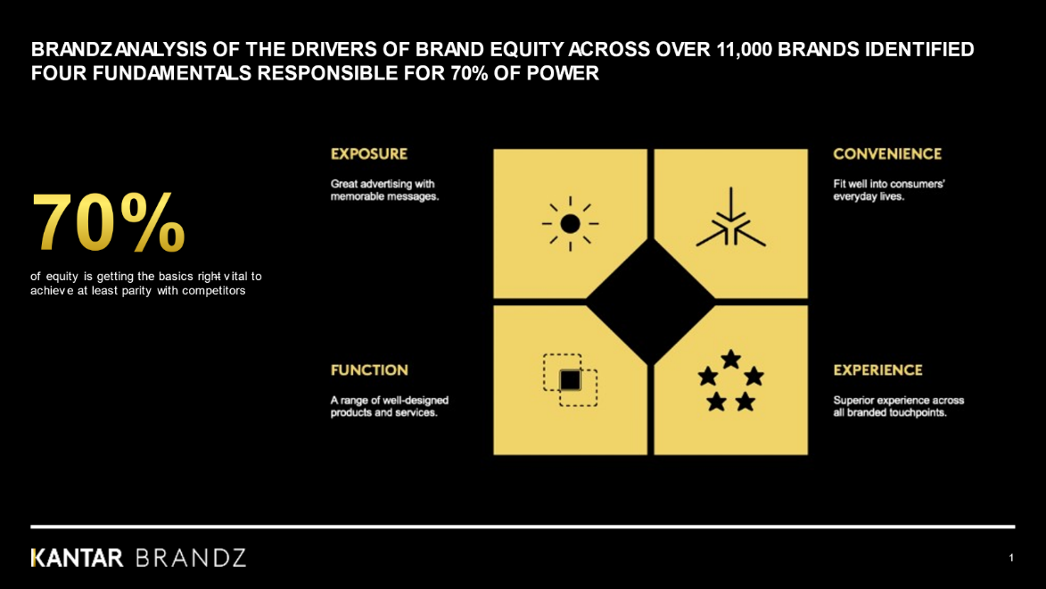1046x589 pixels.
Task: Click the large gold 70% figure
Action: [108, 222]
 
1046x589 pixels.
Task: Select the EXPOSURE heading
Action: [369, 154]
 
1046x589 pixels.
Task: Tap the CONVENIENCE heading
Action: [887, 154]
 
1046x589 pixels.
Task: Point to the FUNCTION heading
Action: [369, 370]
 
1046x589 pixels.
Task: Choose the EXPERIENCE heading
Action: [877, 370]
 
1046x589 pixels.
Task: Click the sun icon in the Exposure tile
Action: [571, 224]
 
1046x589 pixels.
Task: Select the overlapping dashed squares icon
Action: [571, 380]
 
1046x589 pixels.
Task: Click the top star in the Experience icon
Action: [731, 360]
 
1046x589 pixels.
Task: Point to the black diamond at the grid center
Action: [650, 302]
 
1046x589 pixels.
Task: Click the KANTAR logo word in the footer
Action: [77, 558]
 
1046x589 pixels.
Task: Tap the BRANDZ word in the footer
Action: [192, 558]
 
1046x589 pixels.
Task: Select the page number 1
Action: [1011, 558]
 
